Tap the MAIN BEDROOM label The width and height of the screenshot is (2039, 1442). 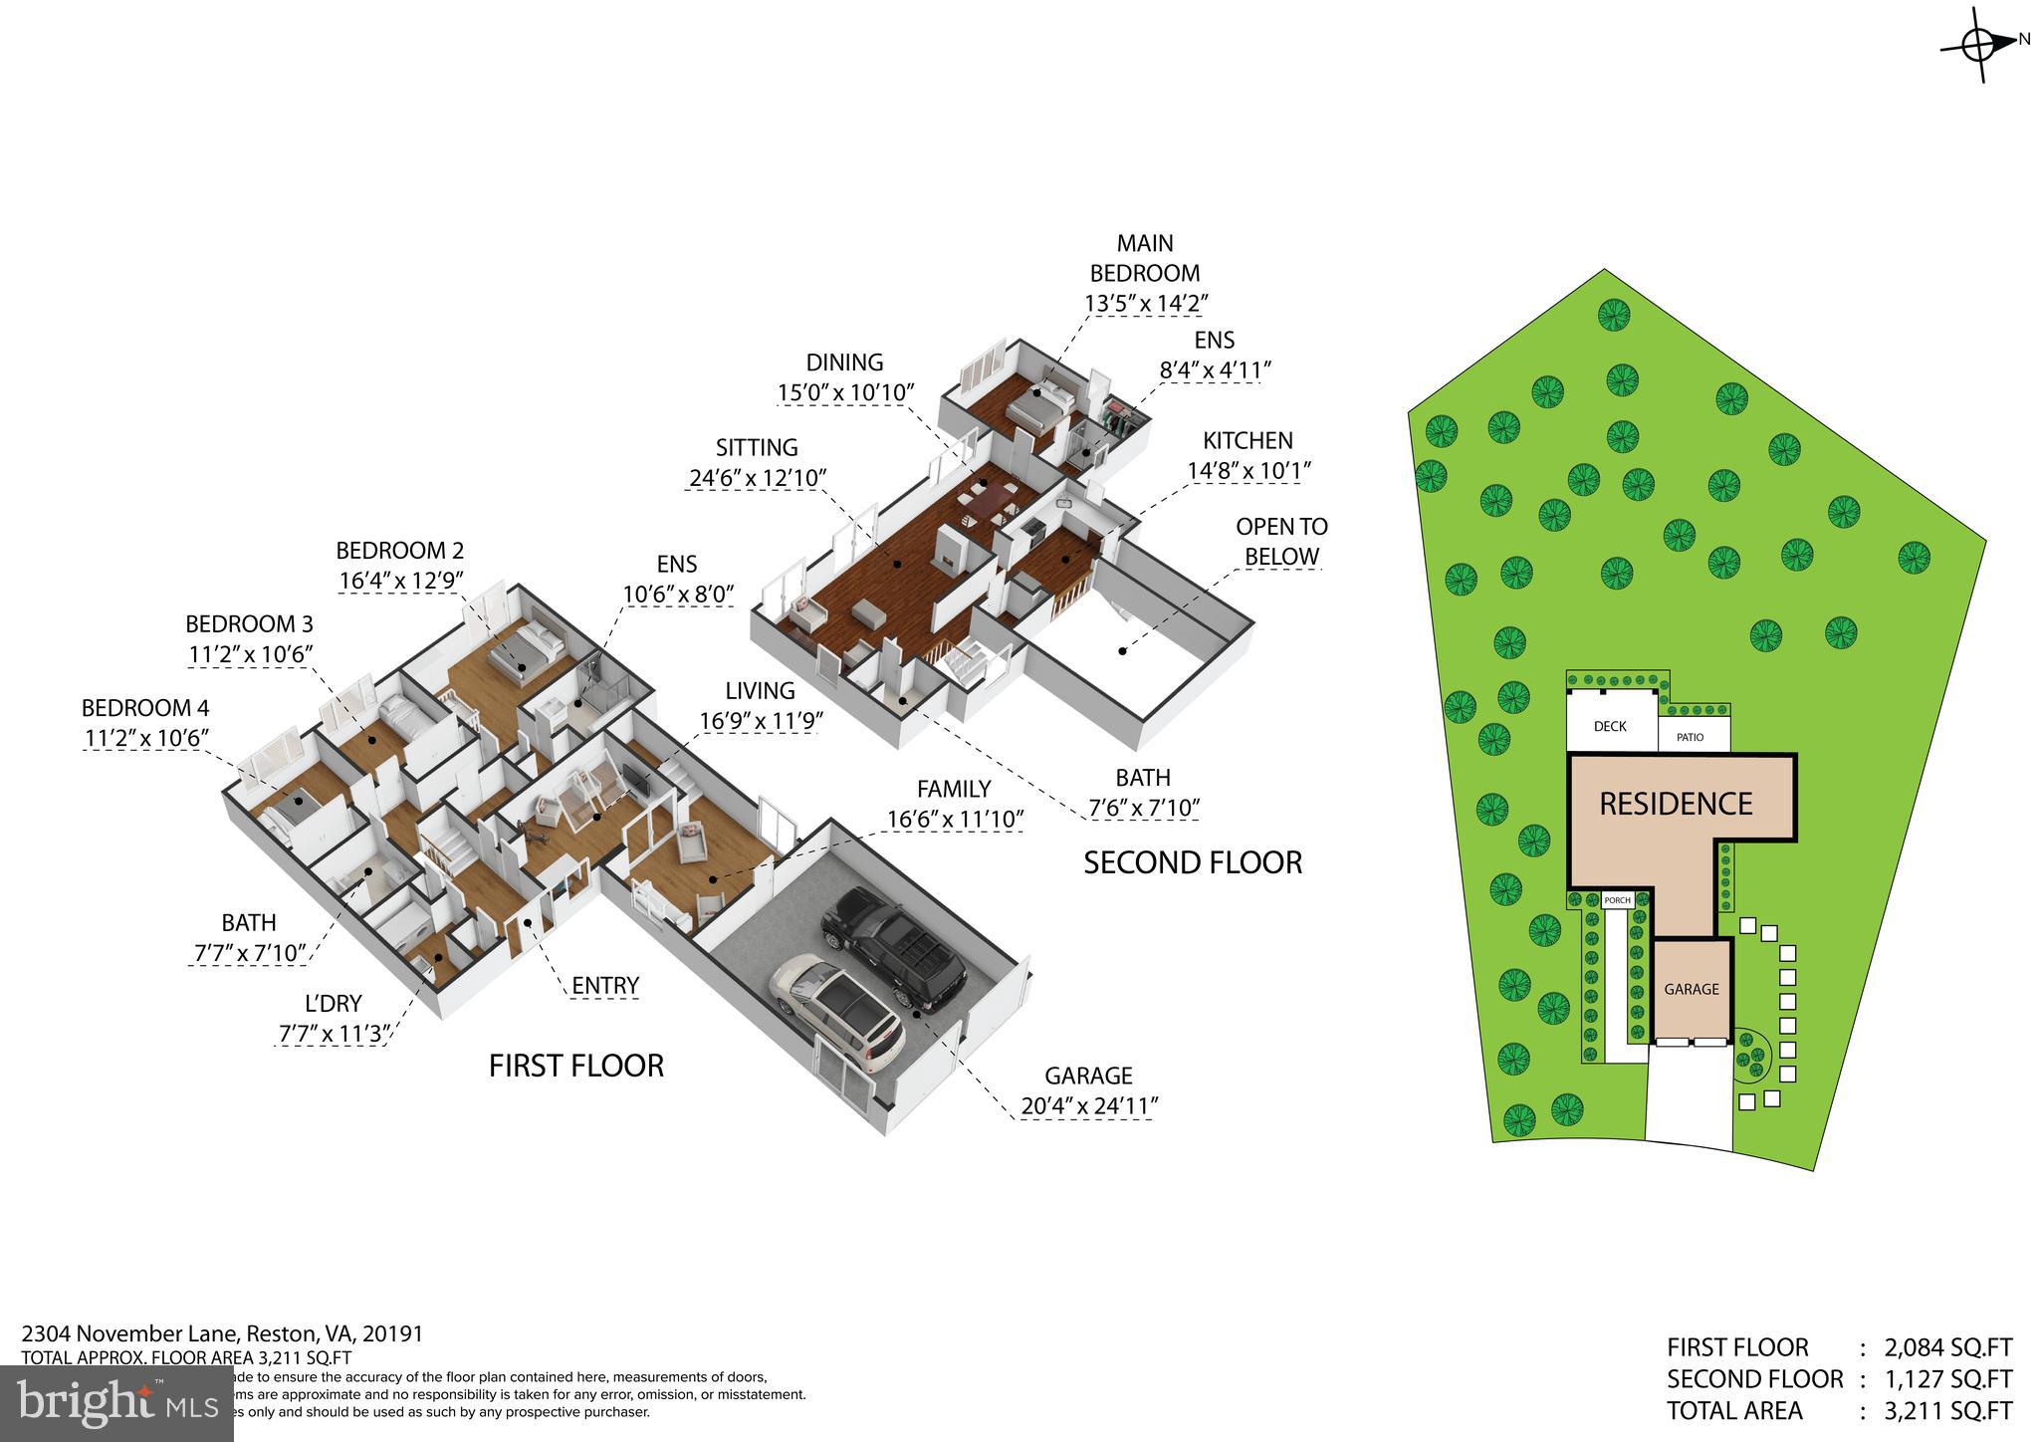point(1145,258)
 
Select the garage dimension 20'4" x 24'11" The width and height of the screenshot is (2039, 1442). point(1089,1105)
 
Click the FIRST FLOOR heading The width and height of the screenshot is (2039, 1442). point(575,1066)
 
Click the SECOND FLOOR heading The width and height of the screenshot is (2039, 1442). point(1192,862)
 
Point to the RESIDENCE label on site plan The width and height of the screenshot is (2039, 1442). point(1676,804)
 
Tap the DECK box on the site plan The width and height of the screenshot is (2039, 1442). point(1610,726)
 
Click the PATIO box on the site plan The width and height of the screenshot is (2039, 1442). point(1690,737)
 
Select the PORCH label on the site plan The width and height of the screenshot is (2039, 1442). point(1618,900)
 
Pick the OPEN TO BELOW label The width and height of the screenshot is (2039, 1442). point(1281,541)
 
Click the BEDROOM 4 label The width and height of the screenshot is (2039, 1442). point(145,708)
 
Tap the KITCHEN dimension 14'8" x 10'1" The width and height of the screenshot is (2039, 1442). point(1247,470)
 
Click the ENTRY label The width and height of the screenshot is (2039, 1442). point(605,986)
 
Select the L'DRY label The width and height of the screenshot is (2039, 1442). point(333,1003)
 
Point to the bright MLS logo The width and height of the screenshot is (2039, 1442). point(116,1403)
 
